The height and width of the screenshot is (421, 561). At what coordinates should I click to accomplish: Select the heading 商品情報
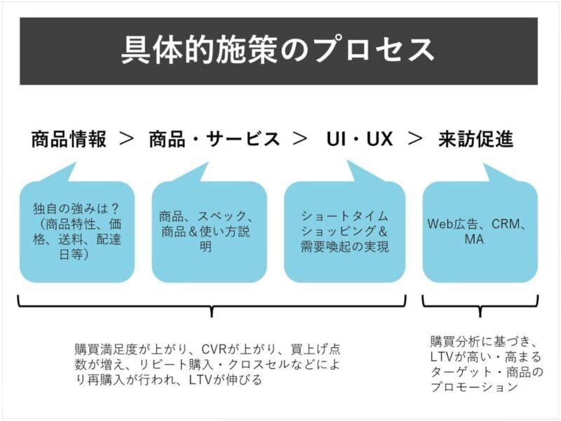tap(69, 139)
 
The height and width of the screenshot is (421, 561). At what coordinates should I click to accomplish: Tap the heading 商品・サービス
tap(214, 139)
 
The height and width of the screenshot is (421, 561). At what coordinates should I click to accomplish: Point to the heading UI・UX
tap(359, 139)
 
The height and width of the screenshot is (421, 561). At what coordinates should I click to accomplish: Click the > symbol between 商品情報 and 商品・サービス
tap(127, 139)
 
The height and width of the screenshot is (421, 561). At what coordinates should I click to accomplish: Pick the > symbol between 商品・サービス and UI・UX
tap(299, 139)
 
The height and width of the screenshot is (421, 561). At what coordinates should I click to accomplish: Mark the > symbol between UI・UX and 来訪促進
tap(416, 139)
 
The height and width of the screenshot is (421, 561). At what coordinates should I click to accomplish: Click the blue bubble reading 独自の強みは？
tap(76, 232)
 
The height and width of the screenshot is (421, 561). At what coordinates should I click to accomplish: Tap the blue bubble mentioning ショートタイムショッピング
tap(344, 232)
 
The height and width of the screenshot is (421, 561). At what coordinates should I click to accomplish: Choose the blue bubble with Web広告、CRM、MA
tap(480, 232)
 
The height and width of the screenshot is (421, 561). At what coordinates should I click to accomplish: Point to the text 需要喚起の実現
tap(344, 247)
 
